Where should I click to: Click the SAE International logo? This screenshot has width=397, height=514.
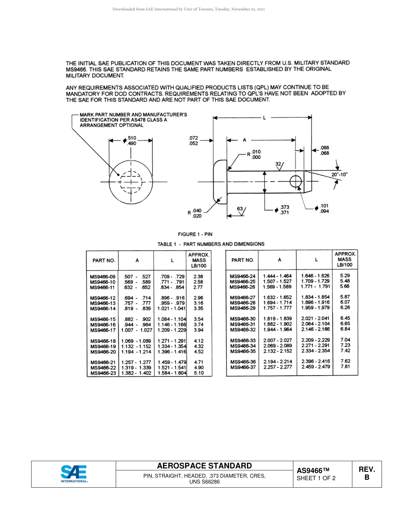(x=74, y=474)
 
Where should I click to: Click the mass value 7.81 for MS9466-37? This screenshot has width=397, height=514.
(x=345, y=366)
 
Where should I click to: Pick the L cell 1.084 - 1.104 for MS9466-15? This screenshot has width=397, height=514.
(x=171, y=319)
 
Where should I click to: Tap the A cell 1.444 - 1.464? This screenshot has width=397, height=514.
(x=277, y=276)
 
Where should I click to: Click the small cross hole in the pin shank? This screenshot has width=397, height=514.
(x=295, y=181)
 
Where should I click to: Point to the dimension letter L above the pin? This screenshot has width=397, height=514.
(x=264, y=118)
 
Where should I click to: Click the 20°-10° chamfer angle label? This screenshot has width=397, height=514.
(x=339, y=174)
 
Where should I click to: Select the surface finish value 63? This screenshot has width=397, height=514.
(x=240, y=209)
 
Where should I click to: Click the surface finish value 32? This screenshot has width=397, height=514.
(x=278, y=164)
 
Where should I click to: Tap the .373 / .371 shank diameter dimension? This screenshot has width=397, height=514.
(x=284, y=210)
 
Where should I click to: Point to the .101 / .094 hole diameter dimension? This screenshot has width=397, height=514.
(x=324, y=209)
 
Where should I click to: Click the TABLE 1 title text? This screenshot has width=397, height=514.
(x=211, y=244)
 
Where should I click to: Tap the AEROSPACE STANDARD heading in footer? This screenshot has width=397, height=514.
(x=204, y=466)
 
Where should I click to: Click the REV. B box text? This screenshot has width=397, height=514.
(x=367, y=473)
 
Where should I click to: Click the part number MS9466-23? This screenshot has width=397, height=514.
(x=102, y=373)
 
